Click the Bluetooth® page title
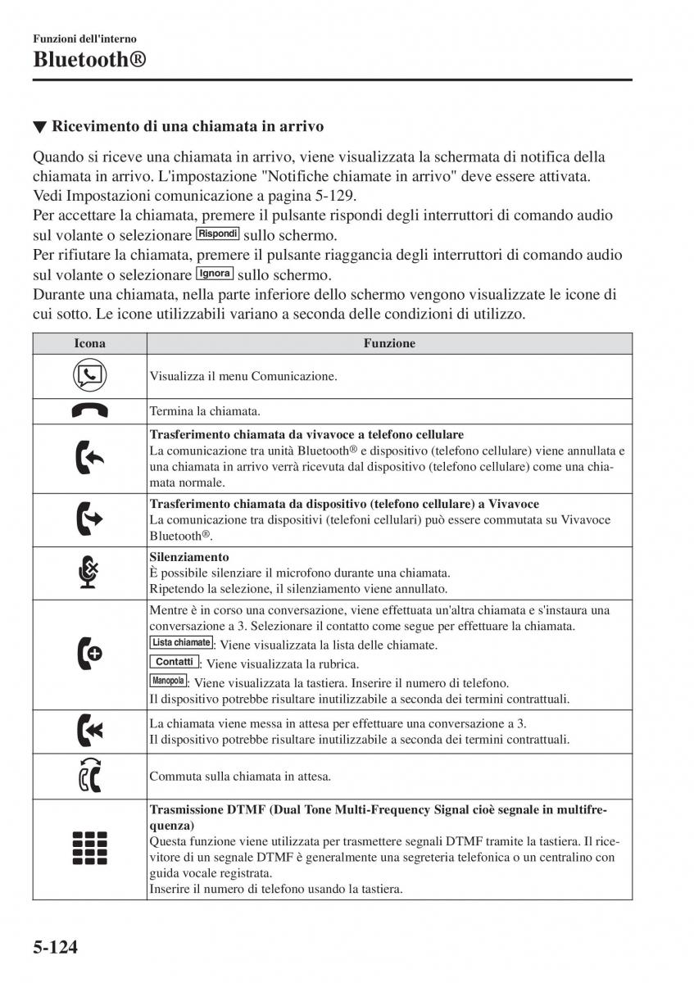tap(90, 59)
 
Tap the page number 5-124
tap(56, 948)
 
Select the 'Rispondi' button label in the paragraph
tap(217, 233)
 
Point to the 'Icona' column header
tap(89, 344)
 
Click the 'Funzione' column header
tap(389, 344)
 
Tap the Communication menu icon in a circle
tap(89, 376)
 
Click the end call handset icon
tap(89, 411)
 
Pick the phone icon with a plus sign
tap(89, 655)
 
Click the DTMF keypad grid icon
tap(89, 848)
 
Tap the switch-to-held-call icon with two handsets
tap(89, 775)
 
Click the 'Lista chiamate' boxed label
tap(181, 643)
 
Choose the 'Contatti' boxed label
tap(175, 662)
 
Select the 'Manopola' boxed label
tap(168, 681)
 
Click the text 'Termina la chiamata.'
tap(205, 411)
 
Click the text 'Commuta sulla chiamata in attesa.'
tap(240, 776)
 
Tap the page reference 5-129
tap(334, 196)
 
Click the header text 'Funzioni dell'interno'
tap(84, 39)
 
